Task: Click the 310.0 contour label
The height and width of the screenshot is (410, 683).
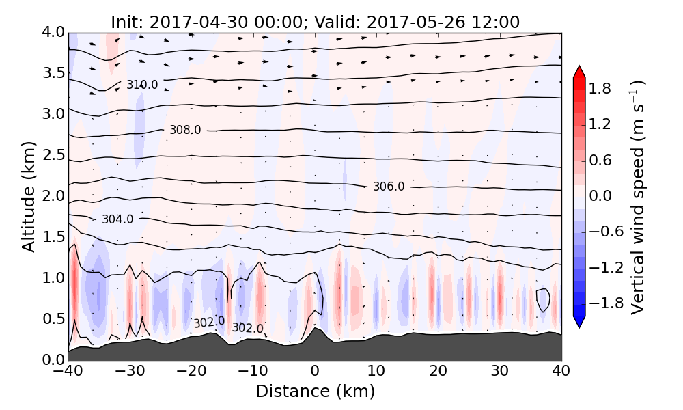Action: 142,85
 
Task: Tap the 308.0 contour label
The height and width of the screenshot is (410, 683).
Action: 185,130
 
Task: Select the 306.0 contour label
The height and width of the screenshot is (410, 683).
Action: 389,187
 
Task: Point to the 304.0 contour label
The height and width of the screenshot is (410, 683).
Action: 117,219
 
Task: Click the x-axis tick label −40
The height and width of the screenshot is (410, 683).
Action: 68,372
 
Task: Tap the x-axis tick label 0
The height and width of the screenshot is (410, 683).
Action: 315,372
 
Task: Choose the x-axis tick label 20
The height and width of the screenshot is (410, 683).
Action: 438,372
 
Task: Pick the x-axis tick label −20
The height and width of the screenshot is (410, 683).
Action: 191,372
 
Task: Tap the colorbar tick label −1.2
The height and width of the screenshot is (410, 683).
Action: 602,267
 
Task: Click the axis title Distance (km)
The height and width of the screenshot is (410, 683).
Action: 315,392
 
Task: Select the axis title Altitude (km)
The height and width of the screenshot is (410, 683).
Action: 28,196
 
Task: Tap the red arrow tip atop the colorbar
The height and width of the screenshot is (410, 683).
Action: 579,71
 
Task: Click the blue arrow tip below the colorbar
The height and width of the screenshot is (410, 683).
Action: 579,323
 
